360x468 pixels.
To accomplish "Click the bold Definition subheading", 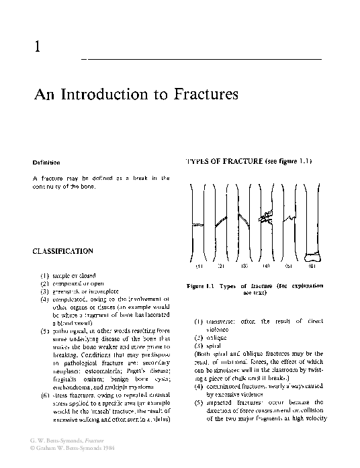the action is pyautogui.click(x=46, y=163).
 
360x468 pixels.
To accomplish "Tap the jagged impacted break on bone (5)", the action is pyautogui.click(x=289, y=218).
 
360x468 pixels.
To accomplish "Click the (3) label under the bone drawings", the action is pyautogui.click(x=244, y=266).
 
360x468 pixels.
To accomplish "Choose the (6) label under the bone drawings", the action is pyautogui.click(x=311, y=266).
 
